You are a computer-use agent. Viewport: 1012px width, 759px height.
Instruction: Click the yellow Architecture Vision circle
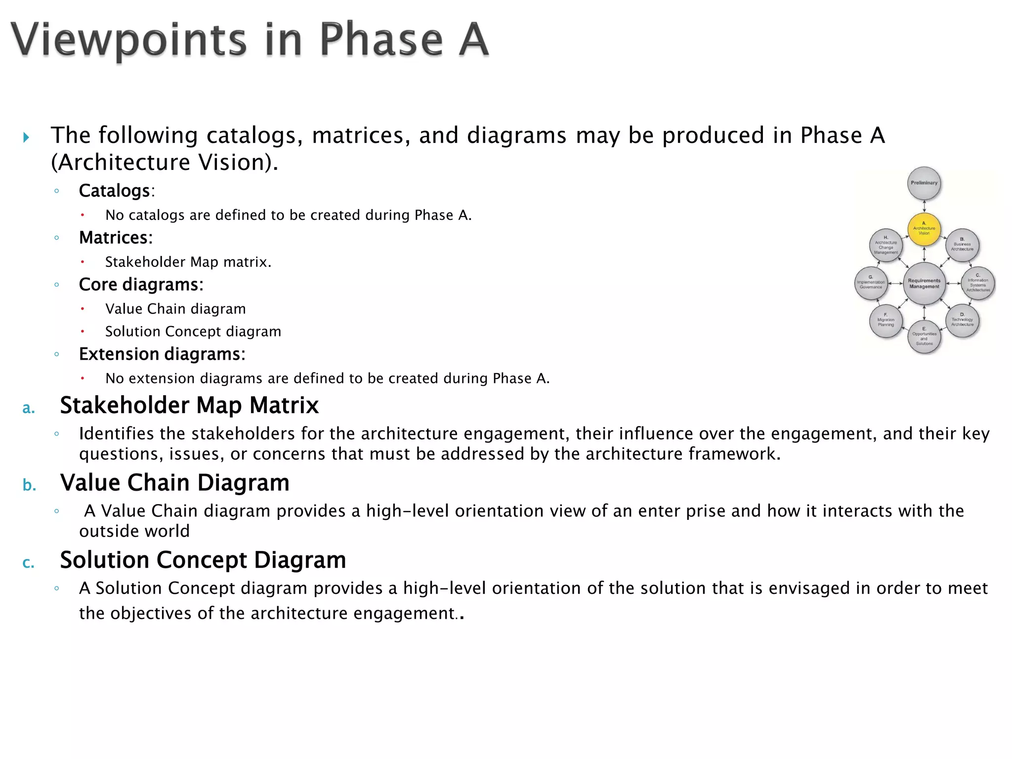[924, 229]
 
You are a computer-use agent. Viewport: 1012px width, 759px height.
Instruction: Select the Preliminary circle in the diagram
[924, 183]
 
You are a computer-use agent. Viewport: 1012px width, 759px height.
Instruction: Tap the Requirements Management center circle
[924, 284]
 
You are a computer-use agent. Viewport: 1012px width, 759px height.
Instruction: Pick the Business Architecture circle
[962, 246]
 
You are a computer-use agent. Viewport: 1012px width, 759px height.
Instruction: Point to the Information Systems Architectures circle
[978, 284]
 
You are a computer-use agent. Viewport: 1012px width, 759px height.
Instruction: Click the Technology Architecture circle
[962, 321]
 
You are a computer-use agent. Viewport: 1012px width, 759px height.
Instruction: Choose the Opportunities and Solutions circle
[924, 337]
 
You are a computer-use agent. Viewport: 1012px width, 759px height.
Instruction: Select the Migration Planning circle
[886, 321]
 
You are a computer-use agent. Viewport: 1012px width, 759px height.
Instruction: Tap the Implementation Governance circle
[871, 284]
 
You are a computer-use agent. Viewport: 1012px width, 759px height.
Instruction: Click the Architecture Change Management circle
[886, 246]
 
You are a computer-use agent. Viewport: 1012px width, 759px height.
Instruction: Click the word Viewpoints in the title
[128, 40]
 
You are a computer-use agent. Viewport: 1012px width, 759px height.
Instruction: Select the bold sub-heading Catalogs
[115, 191]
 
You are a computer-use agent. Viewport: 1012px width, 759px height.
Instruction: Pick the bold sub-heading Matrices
[115, 238]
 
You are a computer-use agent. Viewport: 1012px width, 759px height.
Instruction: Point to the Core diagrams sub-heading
[141, 285]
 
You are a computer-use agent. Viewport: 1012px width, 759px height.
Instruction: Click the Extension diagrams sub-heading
[162, 354]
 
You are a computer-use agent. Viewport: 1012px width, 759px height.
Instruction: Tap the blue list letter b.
[29, 485]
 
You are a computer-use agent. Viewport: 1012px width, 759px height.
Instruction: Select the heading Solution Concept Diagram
[203, 560]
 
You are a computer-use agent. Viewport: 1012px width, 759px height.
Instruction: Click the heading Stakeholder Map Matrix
[189, 405]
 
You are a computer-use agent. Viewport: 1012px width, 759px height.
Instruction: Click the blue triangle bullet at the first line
[26, 137]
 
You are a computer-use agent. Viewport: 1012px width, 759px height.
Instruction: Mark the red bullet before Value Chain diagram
[83, 309]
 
